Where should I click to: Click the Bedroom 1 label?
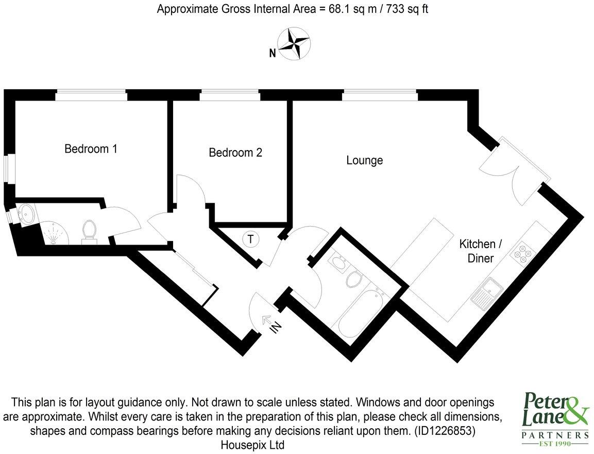click(x=91, y=149)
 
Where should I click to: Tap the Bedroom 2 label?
click(x=235, y=153)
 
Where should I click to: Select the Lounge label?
click(x=364, y=160)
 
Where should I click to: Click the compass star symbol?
click(x=293, y=43)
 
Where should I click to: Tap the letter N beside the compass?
click(x=272, y=52)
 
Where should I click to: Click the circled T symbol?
click(x=250, y=239)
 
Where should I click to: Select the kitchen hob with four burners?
click(x=523, y=253)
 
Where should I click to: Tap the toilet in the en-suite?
click(x=89, y=230)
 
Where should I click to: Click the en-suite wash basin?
click(x=25, y=214)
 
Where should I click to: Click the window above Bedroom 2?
click(x=229, y=95)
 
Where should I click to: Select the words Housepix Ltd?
click(x=252, y=444)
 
